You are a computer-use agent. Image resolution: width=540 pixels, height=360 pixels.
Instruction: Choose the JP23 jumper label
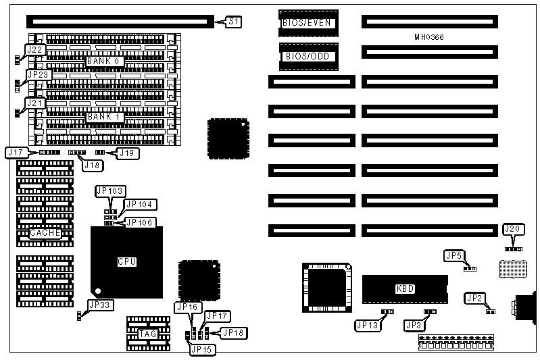click(x=38, y=74)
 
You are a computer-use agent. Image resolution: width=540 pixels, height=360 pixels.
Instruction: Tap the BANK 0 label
click(x=103, y=61)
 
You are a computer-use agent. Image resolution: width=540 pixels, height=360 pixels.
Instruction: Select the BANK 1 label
click(x=103, y=116)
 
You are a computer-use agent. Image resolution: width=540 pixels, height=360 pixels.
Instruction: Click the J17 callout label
click(x=16, y=153)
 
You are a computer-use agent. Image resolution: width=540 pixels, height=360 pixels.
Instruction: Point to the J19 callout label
click(x=127, y=153)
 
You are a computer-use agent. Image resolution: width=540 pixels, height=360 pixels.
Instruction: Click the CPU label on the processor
click(x=127, y=261)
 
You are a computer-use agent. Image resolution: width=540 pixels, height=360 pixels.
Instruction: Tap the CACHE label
click(x=45, y=233)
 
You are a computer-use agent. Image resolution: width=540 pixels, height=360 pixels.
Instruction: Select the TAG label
click(x=148, y=334)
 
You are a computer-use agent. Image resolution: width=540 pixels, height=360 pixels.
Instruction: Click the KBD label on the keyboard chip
click(x=404, y=289)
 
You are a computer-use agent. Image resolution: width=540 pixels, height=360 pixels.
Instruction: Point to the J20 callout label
click(x=514, y=230)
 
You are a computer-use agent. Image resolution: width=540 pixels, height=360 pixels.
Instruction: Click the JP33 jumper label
click(x=100, y=305)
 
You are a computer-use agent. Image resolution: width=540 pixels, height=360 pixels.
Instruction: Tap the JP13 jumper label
click(x=368, y=325)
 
